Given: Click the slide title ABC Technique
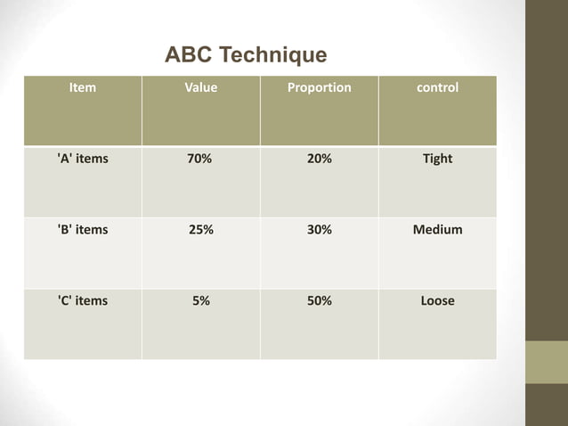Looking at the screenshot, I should [x=246, y=55].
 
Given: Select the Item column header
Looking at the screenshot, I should [x=83, y=88].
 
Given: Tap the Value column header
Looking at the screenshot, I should [x=200, y=88].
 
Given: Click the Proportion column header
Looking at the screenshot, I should [x=319, y=88].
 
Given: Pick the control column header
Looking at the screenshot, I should [x=437, y=88].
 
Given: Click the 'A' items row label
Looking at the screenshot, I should [x=82, y=159].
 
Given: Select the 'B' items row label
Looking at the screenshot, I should [x=82, y=230].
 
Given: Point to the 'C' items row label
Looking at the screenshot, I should [x=82, y=301].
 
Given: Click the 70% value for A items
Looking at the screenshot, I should [x=199, y=159].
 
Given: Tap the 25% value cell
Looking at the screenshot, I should [x=201, y=230].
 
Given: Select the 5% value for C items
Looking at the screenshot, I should [x=201, y=301].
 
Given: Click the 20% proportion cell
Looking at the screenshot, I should [x=320, y=159].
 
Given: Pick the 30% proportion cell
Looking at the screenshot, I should [x=320, y=230].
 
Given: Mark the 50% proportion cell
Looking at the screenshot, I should [x=320, y=301].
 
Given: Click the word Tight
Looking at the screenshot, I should [x=437, y=159].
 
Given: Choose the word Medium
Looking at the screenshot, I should [x=437, y=230].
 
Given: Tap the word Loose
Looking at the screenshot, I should [x=437, y=301].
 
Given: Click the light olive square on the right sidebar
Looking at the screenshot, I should [x=546, y=362].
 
